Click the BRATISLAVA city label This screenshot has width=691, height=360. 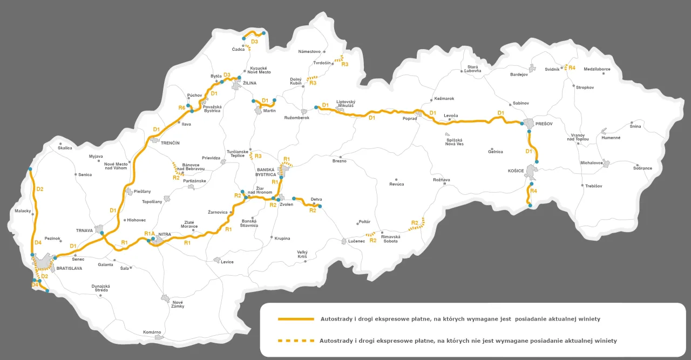(69, 268)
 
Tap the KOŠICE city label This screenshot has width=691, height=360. (516, 171)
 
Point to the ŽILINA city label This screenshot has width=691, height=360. (249, 83)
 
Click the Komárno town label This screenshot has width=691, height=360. (152, 332)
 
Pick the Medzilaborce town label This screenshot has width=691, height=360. (597, 69)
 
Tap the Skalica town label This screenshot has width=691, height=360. (65, 147)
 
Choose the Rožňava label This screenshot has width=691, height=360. (441, 180)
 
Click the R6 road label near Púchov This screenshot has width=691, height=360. (182, 108)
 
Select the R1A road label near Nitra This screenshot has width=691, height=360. (150, 233)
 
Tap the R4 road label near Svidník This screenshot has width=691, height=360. (572, 67)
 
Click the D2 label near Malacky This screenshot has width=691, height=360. (39, 189)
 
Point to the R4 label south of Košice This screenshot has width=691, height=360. (534, 191)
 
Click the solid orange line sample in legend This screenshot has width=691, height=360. (296, 319)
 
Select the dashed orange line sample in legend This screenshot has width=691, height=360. (296, 341)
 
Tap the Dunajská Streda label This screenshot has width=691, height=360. (101, 288)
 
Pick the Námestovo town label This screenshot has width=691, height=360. (310, 51)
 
